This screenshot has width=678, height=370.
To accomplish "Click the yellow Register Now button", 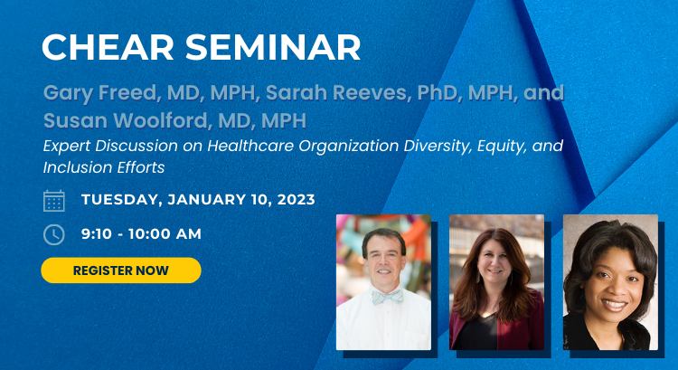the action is (x=121, y=270).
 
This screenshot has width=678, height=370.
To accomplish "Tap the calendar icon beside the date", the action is (x=54, y=201).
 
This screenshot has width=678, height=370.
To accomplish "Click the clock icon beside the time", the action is (x=54, y=234).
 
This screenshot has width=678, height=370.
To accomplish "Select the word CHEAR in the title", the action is (x=108, y=47).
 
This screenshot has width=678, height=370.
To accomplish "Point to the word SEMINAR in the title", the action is (x=273, y=47).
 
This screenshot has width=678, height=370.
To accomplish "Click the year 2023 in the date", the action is (x=297, y=200).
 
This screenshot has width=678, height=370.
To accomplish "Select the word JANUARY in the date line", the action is (x=207, y=200).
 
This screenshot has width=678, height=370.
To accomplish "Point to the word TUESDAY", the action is (x=121, y=200).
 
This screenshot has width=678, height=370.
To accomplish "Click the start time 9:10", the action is (x=97, y=234).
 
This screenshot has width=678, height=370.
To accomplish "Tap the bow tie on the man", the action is (x=388, y=297).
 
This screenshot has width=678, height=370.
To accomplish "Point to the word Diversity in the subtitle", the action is (x=438, y=147).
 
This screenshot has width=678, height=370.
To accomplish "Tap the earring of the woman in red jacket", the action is (x=478, y=276).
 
